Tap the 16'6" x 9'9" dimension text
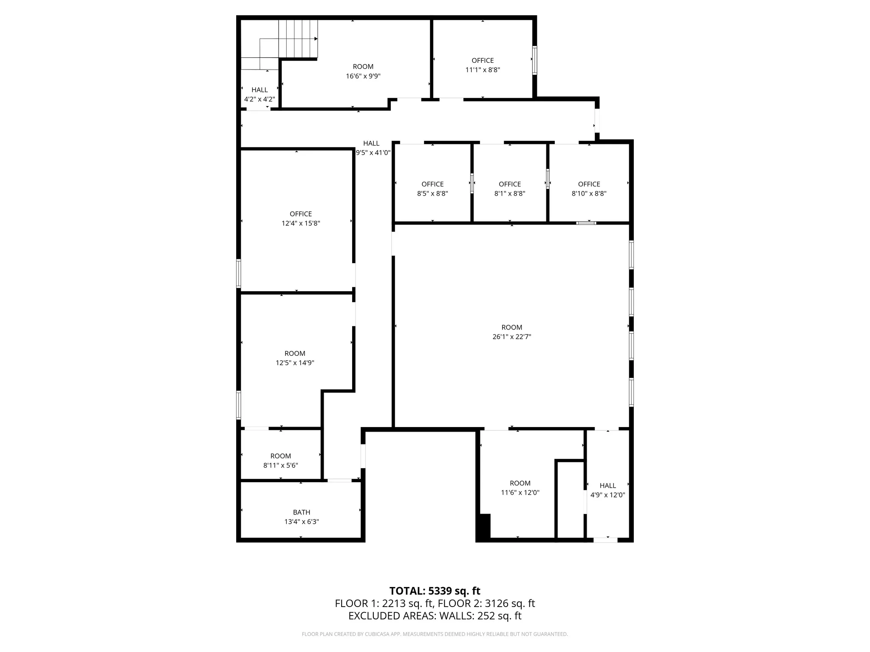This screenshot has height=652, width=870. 363,76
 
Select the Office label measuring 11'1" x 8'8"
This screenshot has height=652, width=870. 483,65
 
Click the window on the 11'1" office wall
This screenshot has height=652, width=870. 534,60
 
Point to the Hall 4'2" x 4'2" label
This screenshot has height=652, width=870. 260,94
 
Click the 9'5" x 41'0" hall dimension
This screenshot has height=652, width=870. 373,153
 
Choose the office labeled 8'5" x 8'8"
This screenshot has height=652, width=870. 432,188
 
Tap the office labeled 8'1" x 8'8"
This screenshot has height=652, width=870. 510,188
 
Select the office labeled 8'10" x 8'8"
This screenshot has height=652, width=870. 589,188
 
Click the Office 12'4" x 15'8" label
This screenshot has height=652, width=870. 301,218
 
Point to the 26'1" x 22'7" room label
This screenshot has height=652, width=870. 511,332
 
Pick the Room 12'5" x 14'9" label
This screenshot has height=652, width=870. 295,358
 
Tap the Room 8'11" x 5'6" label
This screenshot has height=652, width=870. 280,461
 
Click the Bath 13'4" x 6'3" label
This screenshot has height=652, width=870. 302,517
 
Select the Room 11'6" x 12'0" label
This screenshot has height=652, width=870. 520,488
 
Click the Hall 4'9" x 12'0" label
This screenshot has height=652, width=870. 607,490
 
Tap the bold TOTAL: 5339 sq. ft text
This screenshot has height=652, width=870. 435,591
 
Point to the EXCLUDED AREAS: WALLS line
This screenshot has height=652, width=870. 435,615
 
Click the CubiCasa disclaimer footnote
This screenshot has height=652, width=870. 435,634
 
